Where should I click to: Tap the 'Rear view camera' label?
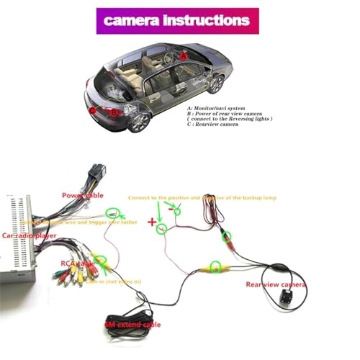coord(276,284)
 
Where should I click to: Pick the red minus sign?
coord(171,210)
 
